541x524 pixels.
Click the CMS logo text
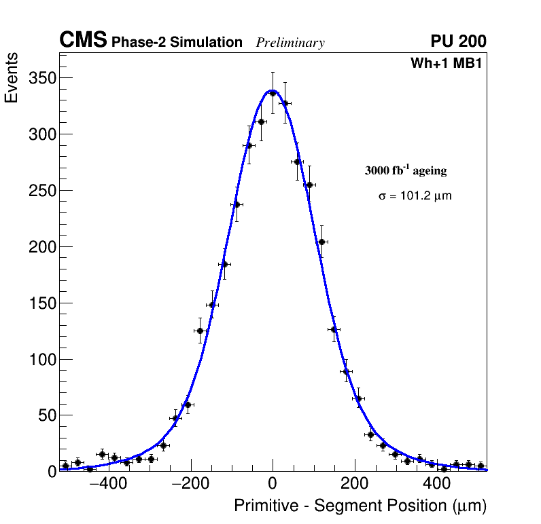point(83,41)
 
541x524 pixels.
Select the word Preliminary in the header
point(290,43)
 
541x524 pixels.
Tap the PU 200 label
point(458,41)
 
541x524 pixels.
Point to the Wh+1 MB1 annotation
point(446,64)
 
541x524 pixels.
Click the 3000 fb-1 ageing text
point(406,170)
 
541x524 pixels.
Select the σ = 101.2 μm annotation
point(415,196)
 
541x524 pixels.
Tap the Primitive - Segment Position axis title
point(360,506)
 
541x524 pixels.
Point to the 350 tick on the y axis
point(41,79)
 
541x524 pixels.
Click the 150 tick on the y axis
point(41,303)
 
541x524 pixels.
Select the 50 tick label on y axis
point(46,415)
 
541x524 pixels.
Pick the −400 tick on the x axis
point(107,485)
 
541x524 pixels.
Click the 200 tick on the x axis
point(354,485)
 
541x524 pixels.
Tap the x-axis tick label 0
point(273,485)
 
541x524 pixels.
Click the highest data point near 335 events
point(273,94)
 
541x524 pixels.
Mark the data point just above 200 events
point(321,242)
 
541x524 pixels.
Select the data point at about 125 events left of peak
point(200,331)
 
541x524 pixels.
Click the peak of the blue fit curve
point(272,90)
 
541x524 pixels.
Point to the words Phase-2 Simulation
point(177,43)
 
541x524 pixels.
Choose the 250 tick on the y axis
point(41,191)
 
